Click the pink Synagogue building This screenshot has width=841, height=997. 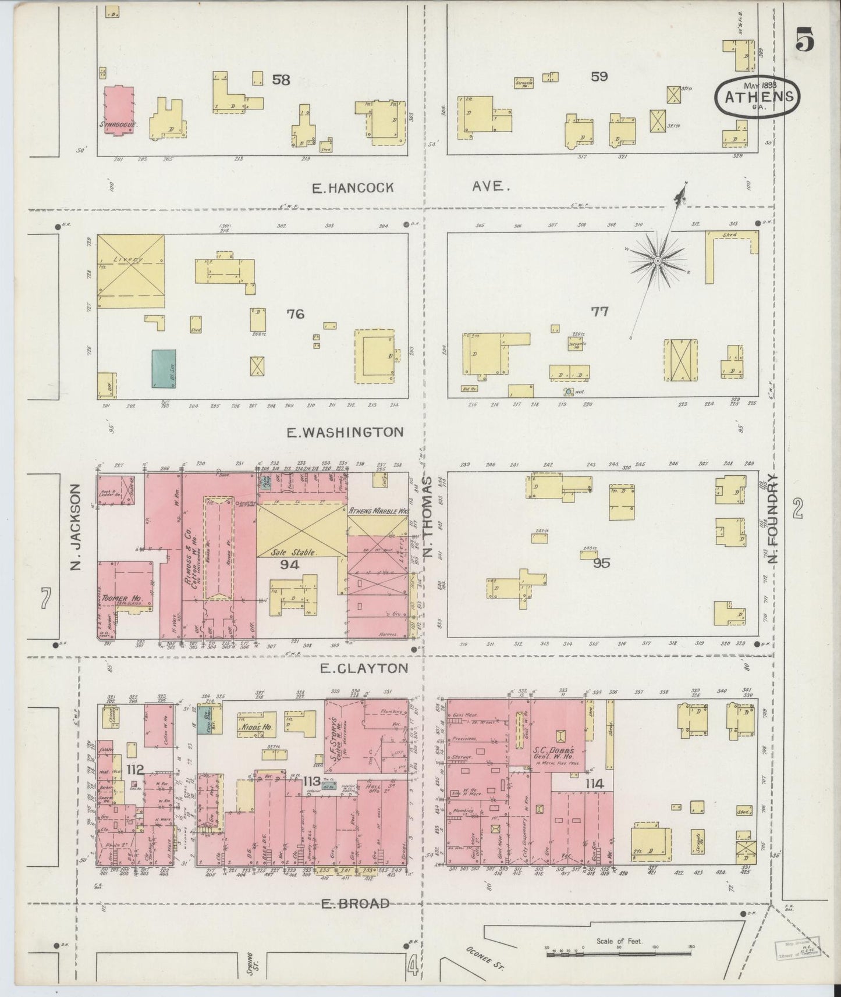(118, 109)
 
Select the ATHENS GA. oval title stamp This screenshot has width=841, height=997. (758, 97)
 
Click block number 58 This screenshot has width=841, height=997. (281, 80)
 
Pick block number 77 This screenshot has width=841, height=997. (599, 312)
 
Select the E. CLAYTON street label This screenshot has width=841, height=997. (364, 668)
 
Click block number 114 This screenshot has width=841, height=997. (594, 784)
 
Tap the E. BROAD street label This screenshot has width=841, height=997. (355, 903)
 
